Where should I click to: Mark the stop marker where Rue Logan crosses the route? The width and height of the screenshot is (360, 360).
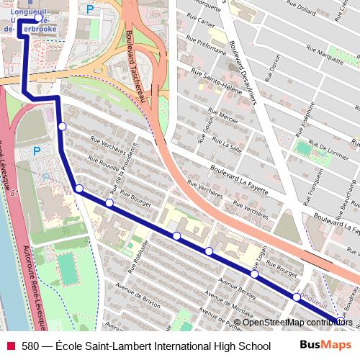(254, 274)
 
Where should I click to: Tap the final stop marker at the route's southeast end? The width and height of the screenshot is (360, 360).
(340, 321)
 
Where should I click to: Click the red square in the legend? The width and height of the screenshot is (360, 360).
(10, 346)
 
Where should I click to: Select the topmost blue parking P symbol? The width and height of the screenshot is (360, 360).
(89, 9)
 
